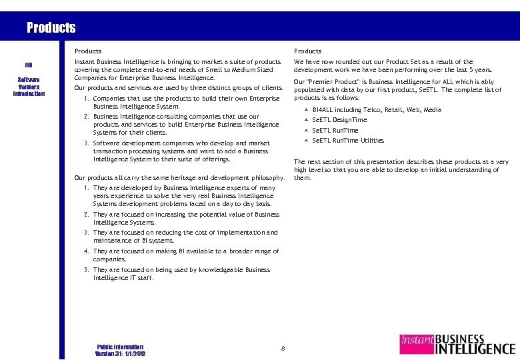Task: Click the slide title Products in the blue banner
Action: pos(51,28)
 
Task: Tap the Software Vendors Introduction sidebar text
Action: pos(29,86)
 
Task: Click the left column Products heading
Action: pos(88,51)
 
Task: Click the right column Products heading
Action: pos(307,51)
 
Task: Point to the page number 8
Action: pos(283,348)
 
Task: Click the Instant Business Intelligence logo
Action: pos(457,344)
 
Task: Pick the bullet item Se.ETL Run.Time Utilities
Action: pos(348,141)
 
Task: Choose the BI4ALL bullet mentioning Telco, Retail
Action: pos(376,110)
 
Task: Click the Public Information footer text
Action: pos(120,347)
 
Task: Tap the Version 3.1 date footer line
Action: pos(121,353)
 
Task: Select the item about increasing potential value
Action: pos(186,219)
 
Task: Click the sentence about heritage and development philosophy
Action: pos(179,178)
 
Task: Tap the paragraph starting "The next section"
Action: pos(401,170)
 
